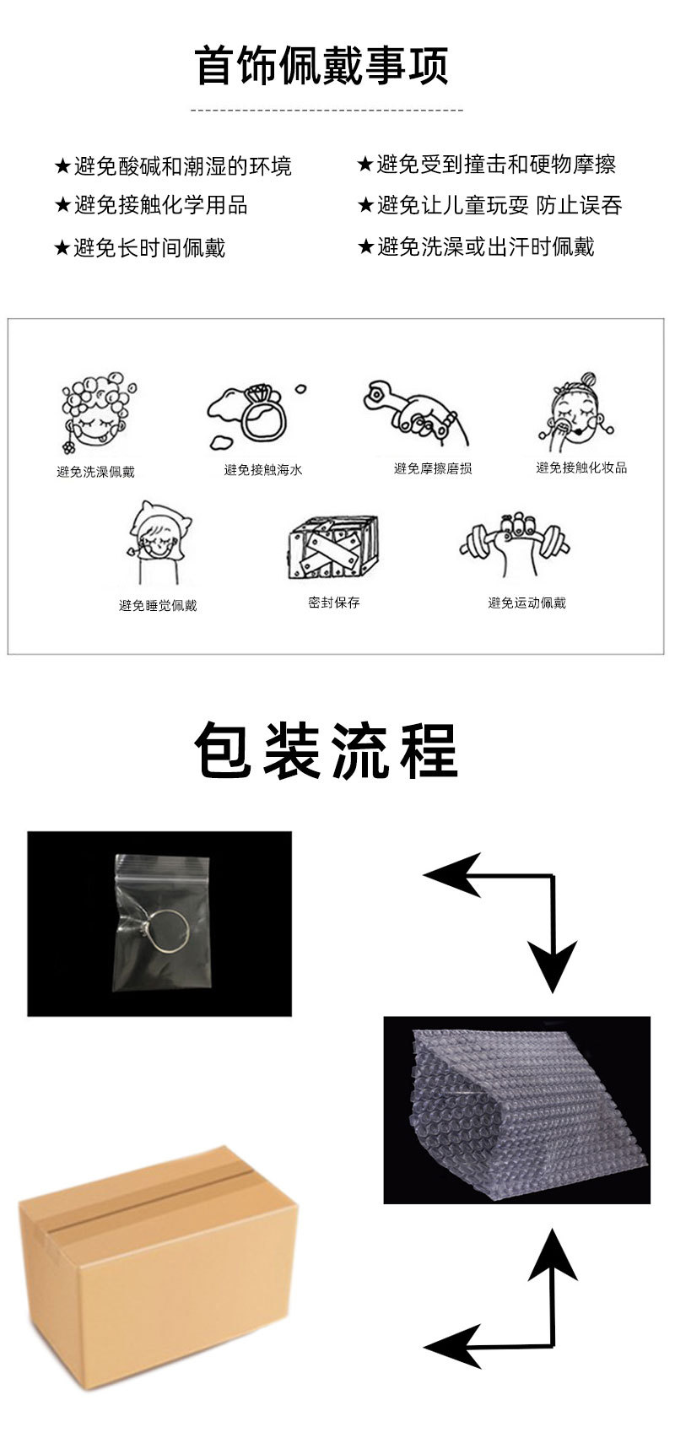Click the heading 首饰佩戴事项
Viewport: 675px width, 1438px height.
[x=321, y=66]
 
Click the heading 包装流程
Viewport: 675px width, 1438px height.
[x=326, y=750]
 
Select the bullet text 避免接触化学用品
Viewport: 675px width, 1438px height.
[x=160, y=205]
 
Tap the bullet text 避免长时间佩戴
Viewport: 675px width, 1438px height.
[x=149, y=248]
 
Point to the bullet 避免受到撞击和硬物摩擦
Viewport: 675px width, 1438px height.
[x=496, y=165]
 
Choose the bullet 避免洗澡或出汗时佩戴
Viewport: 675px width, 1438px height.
[x=486, y=246]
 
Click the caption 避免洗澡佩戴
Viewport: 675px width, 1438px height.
[x=95, y=472]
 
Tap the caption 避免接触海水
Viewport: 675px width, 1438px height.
[x=263, y=470]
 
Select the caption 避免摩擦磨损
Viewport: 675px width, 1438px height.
[x=433, y=468]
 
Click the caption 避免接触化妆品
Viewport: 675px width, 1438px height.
[x=581, y=468]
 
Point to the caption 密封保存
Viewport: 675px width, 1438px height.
[x=333, y=603]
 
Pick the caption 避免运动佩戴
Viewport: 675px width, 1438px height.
[x=526, y=603]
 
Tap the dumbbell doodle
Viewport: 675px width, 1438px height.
[x=515, y=541]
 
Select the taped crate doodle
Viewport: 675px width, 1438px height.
[x=333, y=546]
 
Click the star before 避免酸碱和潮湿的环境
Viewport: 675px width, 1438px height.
[x=62, y=167]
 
